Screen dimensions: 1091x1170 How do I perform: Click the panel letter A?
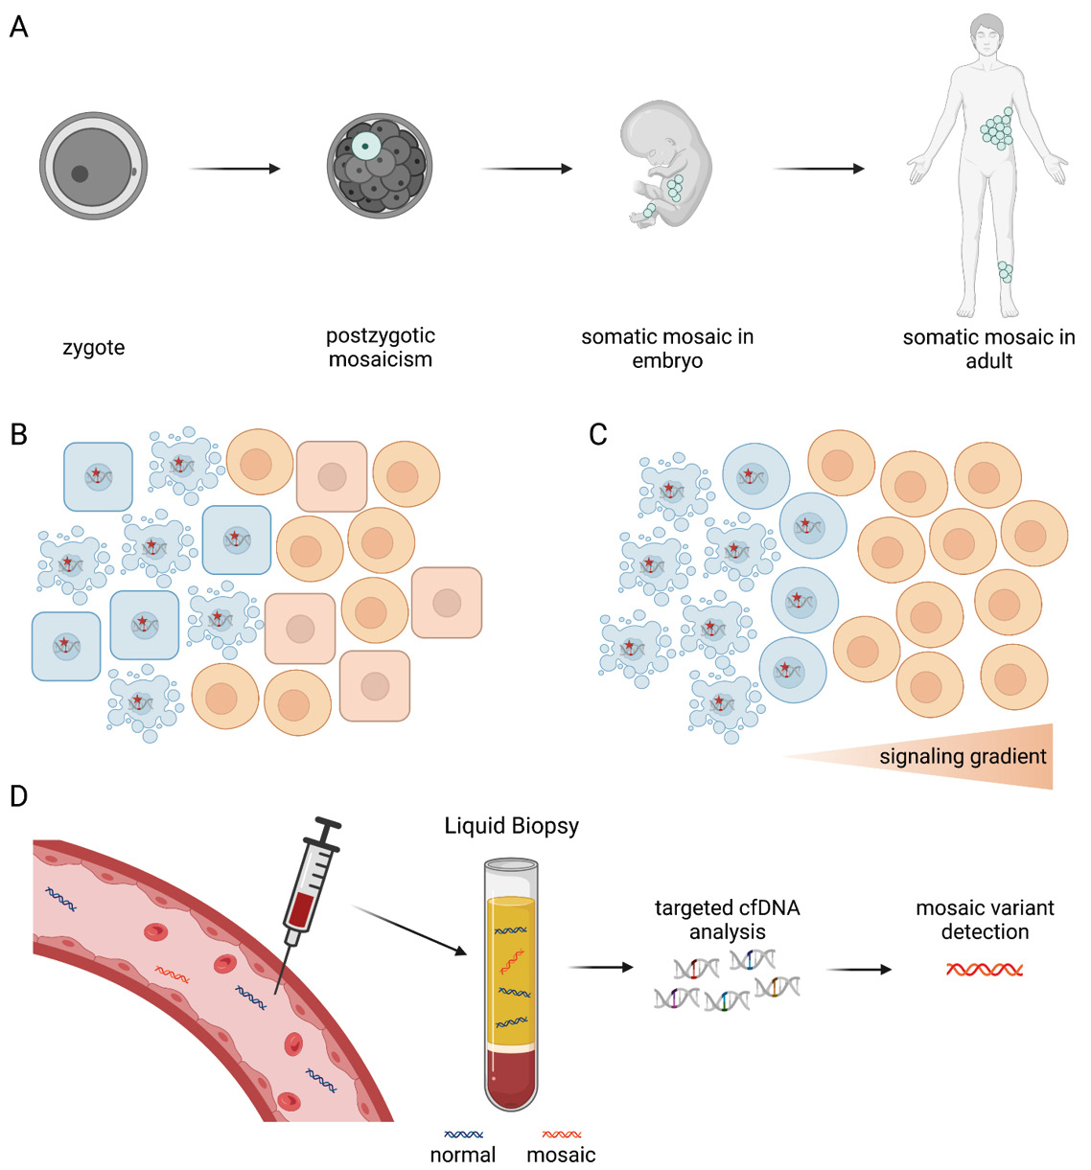tap(18, 27)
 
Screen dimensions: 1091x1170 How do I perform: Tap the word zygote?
tap(94, 348)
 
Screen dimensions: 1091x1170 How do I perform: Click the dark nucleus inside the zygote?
tap(80, 174)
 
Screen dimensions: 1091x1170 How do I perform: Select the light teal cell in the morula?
tap(365, 146)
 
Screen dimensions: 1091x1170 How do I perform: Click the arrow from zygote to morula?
tap(235, 169)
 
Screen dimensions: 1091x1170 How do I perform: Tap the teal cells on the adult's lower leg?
tap(1004, 272)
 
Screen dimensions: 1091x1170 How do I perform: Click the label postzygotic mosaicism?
tap(381, 348)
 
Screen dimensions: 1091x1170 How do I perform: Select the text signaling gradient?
tap(963, 757)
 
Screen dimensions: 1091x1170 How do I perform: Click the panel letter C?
tap(597, 435)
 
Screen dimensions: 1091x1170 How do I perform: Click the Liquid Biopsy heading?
tap(511, 826)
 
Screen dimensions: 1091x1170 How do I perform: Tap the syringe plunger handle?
tap(328, 823)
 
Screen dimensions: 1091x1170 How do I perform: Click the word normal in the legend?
tap(463, 1155)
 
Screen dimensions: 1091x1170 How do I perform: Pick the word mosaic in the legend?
tap(561, 1155)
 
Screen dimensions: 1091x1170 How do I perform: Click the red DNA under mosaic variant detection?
tap(985, 970)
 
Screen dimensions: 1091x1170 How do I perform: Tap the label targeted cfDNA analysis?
tap(727, 919)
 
